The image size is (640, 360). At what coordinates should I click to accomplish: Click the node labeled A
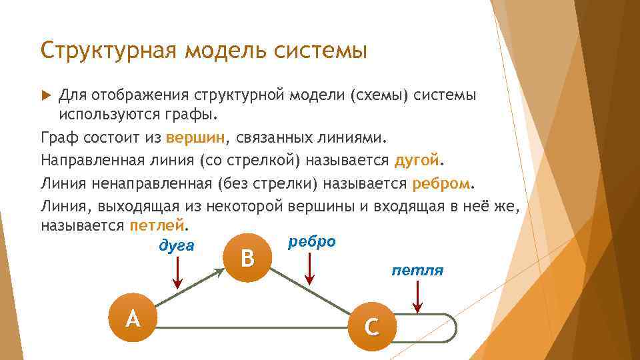click(x=133, y=319)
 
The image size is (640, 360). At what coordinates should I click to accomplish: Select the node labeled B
click(x=247, y=257)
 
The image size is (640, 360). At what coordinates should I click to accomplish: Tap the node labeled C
click(x=372, y=326)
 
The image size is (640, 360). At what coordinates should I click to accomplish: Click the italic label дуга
click(x=177, y=245)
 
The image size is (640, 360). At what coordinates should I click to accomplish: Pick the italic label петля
click(x=417, y=271)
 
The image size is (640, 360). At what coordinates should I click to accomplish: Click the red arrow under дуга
click(x=177, y=273)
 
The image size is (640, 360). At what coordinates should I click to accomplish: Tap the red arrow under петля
click(x=417, y=297)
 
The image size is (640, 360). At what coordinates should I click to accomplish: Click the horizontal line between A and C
click(x=253, y=327)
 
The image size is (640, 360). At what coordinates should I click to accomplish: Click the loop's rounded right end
click(x=455, y=327)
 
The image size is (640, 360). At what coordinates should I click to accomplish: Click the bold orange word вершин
click(x=195, y=138)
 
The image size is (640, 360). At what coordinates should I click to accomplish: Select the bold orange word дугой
click(x=417, y=161)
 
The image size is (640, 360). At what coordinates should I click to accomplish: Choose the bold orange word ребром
click(x=442, y=183)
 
